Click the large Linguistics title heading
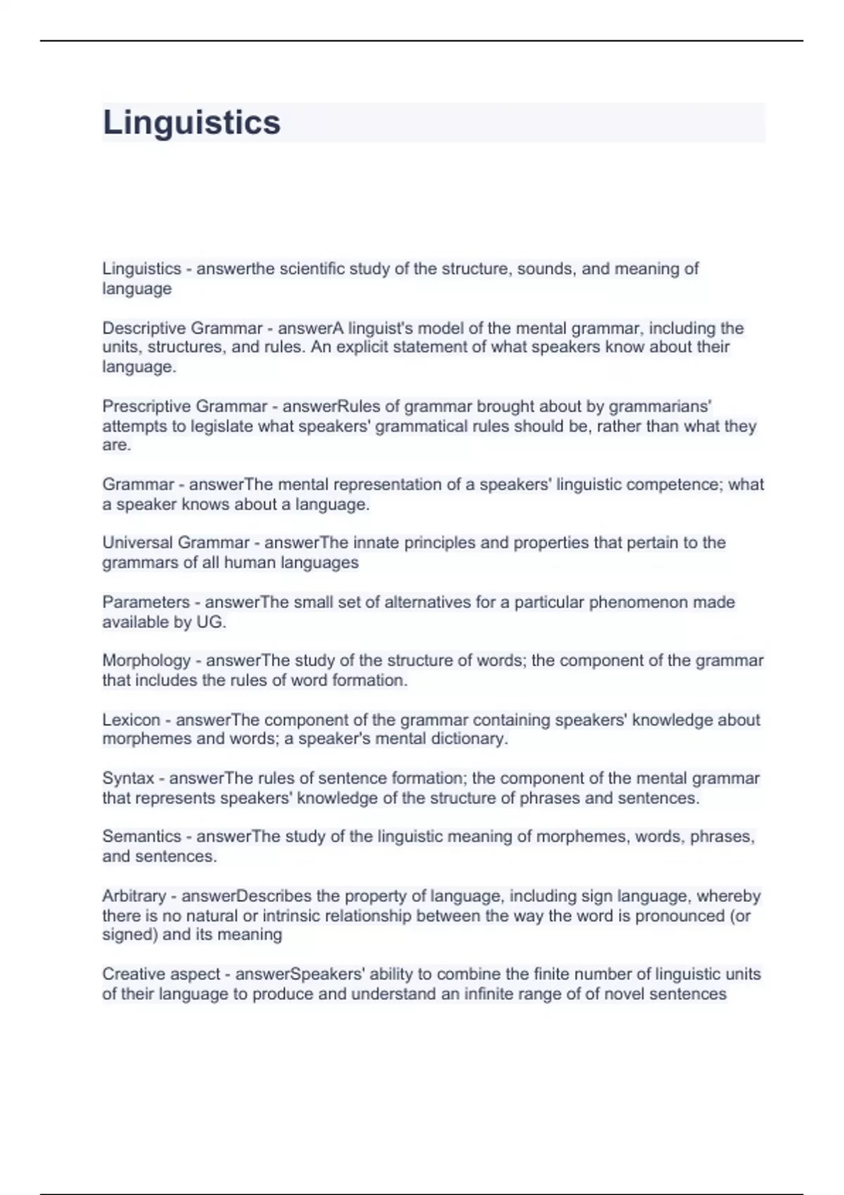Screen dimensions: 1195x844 click(191, 122)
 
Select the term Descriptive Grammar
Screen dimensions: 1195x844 click(182, 328)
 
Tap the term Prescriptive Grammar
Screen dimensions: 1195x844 click(184, 406)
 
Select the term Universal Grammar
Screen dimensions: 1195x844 click(176, 543)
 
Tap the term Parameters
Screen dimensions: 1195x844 click(146, 602)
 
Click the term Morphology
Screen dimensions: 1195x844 click(146, 661)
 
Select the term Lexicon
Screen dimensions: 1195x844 click(131, 720)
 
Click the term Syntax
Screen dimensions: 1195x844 click(128, 778)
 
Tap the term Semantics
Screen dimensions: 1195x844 click(141, 836)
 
